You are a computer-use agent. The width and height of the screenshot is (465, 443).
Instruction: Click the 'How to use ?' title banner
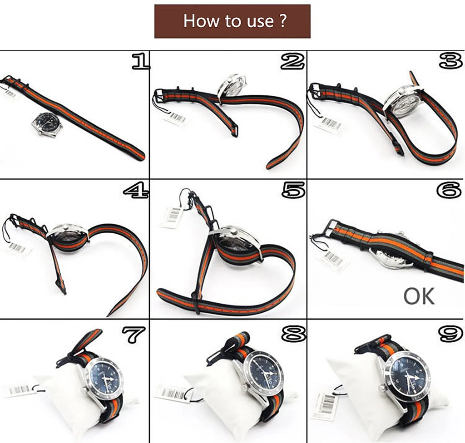[x=232, y=21]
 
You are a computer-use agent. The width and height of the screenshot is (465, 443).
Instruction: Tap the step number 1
[x=140, y=62]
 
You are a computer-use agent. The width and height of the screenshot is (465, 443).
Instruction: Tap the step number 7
[x=133, y=335]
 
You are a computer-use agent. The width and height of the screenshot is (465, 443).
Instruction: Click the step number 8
[x=293, y=335]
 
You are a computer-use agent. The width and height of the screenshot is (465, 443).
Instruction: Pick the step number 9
[x=450, y=335]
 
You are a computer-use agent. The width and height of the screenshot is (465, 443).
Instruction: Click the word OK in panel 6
[x=419, y=295]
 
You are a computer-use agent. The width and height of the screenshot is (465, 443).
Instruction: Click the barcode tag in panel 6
[x=333, y=259]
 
